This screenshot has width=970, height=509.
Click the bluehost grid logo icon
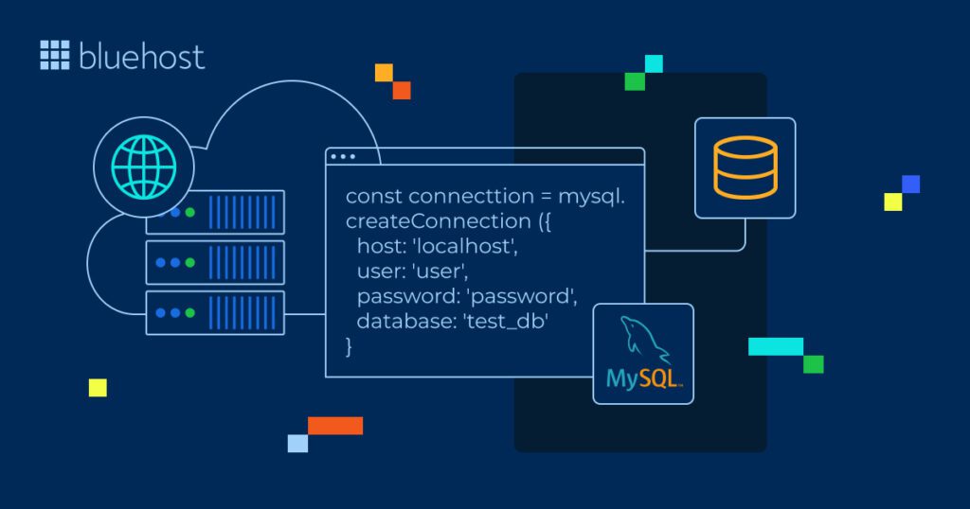pyautogui.click(x=55, y=55)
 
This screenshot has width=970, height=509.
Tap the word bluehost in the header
pyautogui.click(x=141, y=56)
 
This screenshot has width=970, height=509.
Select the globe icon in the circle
pyautogui.click(x=143, y=168)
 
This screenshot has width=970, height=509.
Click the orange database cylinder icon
pyautogui.click(x=745, y=168)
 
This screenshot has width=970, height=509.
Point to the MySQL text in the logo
pyautogui.click(x=643, y=379)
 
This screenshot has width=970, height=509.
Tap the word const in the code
pyautogui.click(x=374, y=196)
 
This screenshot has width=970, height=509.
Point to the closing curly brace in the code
pyautogui.click(x=350, y=346)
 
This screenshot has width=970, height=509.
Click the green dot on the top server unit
pyautogui.click(x=190, y=212)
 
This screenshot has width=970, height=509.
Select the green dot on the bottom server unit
pyautogui.click(x=190, y=313)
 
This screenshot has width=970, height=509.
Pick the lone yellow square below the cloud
pyautogui.click(x=98, y=387)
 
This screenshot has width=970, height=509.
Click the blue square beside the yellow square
pyautogui.click(x=910, y=184)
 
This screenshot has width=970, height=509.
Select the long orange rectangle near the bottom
pyautogui.click(x=335, y=425)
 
